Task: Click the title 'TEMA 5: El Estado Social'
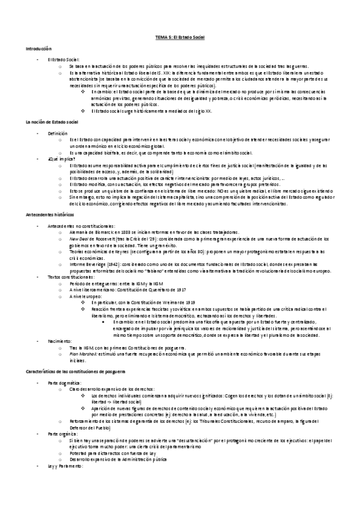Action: pyautogui.click(x=180, y=37)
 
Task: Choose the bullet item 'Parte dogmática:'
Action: pyautogui.click(x=64, y=382)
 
